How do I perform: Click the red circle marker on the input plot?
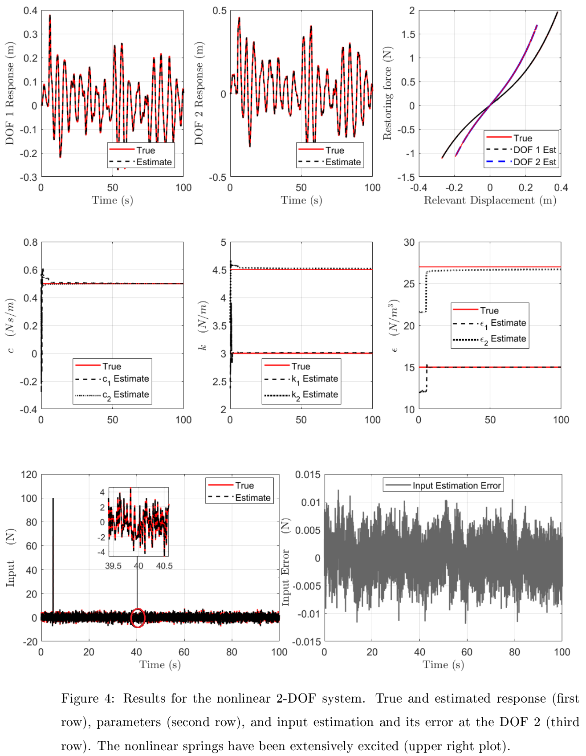pos(138,618)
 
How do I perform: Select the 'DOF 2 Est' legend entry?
pos(534,162)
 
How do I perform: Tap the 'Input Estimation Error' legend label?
pos(456,486)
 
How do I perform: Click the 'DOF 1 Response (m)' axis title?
pos(10,93)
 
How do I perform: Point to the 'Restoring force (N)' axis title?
pos(387,93)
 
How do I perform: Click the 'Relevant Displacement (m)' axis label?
pos(490,200)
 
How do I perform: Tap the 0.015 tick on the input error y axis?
pos(308,475)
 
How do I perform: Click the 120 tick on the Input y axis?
pos(29,475)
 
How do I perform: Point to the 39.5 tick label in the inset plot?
pos(113,566)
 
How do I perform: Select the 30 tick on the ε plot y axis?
pos(409,243)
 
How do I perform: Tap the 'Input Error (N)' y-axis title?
pos(285,562)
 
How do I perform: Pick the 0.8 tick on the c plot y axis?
pos(31,243)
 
